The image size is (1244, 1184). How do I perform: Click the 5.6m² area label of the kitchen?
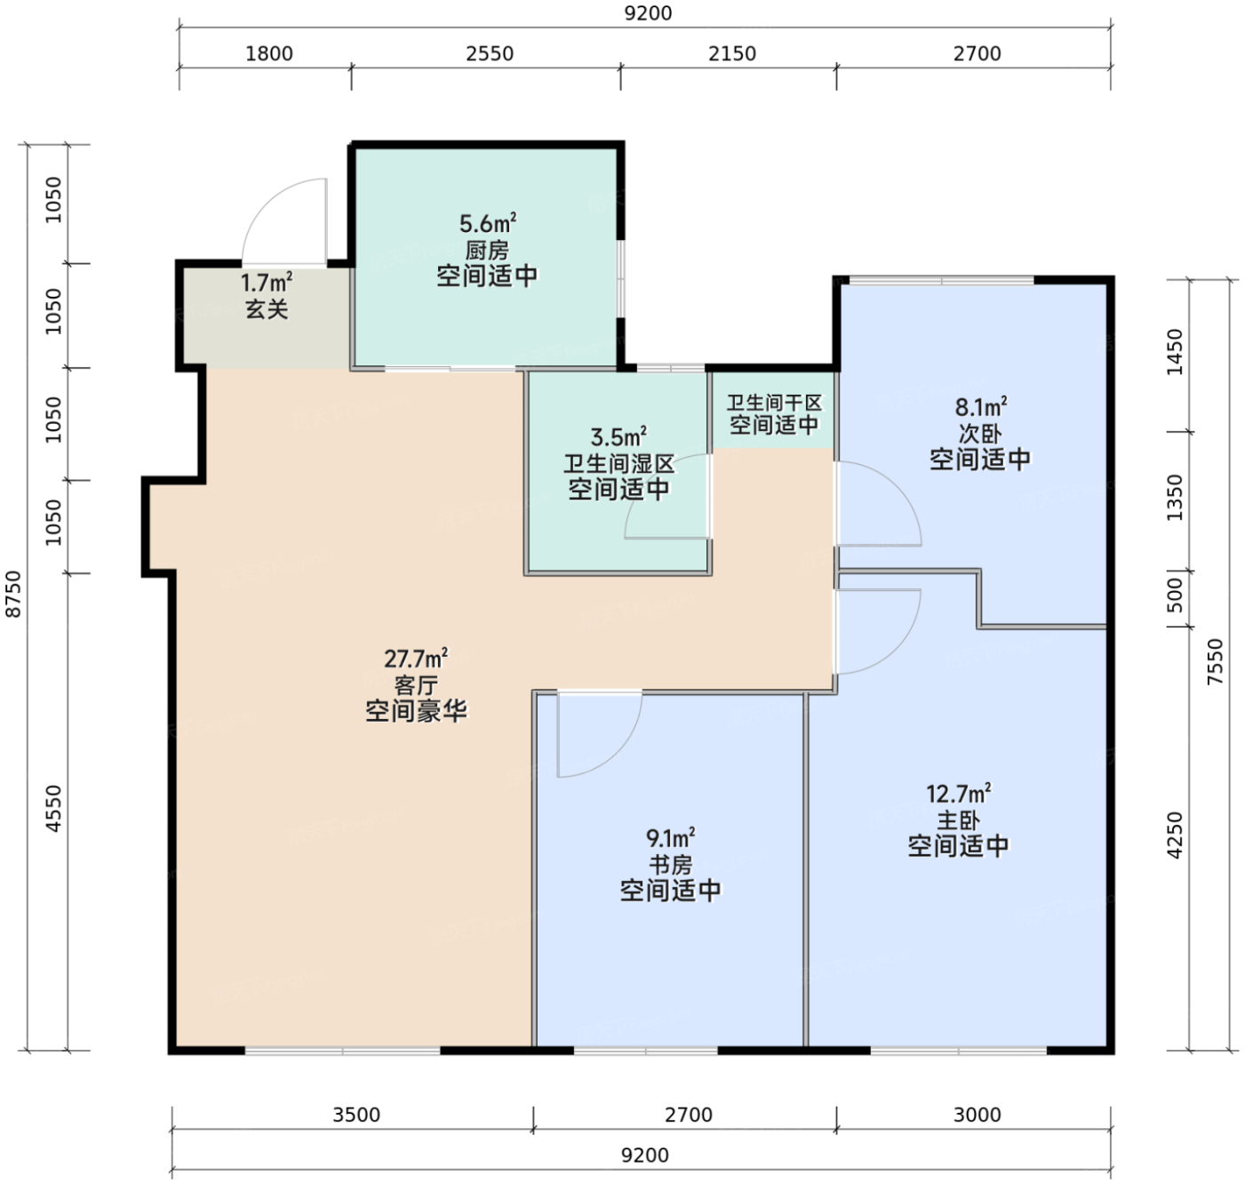point(487,223)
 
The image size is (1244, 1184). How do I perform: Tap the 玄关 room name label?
point(267,309)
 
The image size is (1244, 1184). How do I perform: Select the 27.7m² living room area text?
point(416,659)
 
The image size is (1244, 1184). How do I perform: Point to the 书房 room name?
point(670,865)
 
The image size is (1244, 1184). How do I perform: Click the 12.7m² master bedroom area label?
point(959,794)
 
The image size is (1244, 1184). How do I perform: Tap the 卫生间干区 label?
point(774,403)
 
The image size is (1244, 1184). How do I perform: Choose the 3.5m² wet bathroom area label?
point(618,436)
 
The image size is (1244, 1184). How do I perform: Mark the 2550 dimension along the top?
point(489,53)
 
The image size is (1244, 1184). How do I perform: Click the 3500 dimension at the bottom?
point(356,1115)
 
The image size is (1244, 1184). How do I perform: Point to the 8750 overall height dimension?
point(13,594)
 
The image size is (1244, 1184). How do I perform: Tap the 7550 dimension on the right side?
point(1216,661)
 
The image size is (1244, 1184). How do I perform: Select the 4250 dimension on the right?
point(1174,836)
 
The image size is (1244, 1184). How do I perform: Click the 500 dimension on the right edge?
point(1174,596)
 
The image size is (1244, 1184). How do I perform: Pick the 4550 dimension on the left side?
point(54,809)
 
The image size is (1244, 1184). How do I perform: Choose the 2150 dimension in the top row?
point(732,53)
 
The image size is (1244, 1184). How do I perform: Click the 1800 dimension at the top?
point(269,53)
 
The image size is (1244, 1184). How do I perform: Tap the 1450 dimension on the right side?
point(1174,352)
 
